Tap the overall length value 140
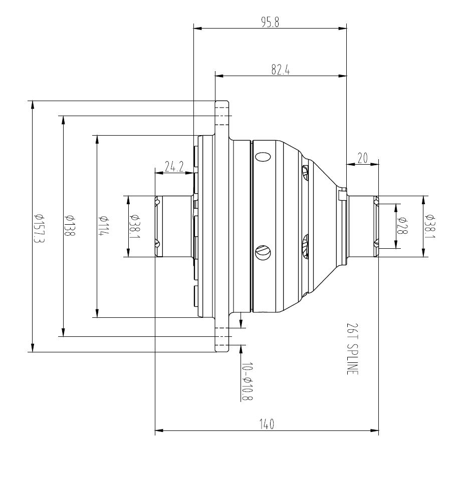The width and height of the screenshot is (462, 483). point(266,425)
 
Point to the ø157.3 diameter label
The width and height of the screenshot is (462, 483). point(37,227)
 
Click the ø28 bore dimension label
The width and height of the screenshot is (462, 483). point(401,226)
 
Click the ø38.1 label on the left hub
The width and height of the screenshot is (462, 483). point(134,226)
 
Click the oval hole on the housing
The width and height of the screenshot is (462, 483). point(263,156)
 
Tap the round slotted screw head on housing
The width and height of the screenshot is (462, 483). point(263,251)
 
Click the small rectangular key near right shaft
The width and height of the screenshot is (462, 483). point(342,195)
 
